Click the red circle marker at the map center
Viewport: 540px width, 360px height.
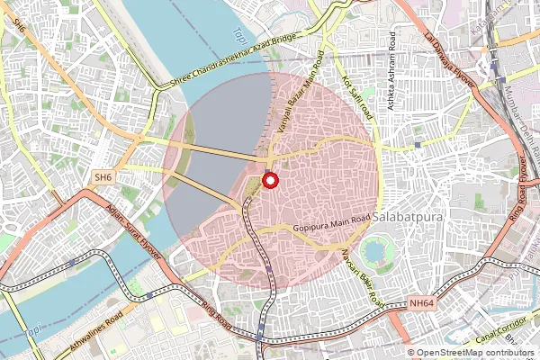[x=269, y=181]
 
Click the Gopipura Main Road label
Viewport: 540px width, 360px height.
[x=332, y=229]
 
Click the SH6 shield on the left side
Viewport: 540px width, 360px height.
[x=103, y=178]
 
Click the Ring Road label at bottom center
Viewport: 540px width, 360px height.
[x=219, y=315]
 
